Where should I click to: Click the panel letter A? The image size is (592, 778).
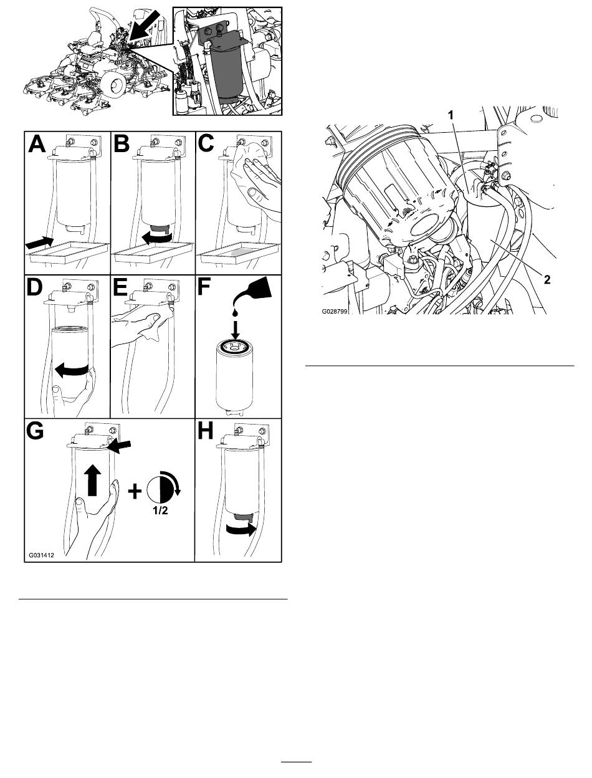[x=37, y=144]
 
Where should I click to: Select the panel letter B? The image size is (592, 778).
[x=122, y=144]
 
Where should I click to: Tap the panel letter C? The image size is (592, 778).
[x=206, y=144]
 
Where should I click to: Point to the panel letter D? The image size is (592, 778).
[x=34, y=287]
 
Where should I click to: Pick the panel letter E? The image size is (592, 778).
[x=120, y=287]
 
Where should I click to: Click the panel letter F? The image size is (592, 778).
[x=204, y=287]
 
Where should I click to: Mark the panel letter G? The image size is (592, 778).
[x=35, y=431]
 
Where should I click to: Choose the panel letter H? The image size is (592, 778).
[x=206, y=431]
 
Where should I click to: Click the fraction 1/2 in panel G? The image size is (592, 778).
[x=160, y=511]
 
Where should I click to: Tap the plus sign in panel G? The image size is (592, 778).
[x=135, y=491]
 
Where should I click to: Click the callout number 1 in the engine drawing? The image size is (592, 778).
[x=451, y=115]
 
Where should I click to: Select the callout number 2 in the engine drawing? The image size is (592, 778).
[x=547, y=280]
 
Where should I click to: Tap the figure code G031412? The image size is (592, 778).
[x=42, y=555]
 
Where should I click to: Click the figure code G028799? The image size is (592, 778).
[x=335, y=311]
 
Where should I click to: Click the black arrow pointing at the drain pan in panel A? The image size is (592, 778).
[x=39, y=243]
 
